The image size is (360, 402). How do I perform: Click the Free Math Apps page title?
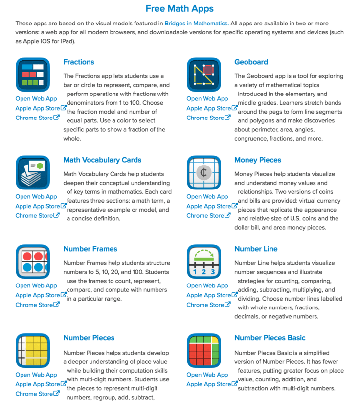pyautogui.click(x=180, y=9)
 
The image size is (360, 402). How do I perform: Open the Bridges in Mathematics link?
pyautogui.click(x=196, y=23)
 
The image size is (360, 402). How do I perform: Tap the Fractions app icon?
pyautogui.click(x=33, y=74)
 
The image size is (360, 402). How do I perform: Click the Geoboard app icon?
pyautogui.click(x=204, y=74)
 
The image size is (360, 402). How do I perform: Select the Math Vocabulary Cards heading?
pyautogui.click(x=102, y=160)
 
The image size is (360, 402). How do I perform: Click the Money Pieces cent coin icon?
pyautogui.click(x=204, y=172)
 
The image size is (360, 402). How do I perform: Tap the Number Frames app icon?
pyautogui.click(x=33, y=261)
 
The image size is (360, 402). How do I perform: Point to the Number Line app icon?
pyautogui.click(x=204, y=261)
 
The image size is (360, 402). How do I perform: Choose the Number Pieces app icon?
pyautogui.click(x=33, y=351)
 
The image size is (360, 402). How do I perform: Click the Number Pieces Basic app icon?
pyautogui.click(x=204, y=351)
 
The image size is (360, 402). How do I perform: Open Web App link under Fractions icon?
pyautogui.click(x=36, y=98)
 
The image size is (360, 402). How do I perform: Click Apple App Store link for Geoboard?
pyautogui.click(x=209, y=108)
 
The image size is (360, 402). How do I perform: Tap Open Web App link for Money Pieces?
pyautogui.click(x=207, y=196)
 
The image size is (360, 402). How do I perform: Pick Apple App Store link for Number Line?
pyautogui.click(x=209, y=295)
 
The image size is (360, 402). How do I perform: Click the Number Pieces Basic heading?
pyautogui.click(x=270, y=338)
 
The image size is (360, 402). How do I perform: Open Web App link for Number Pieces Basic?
pyautogui.click(x=207, y=375)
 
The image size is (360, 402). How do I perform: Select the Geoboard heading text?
pyautogui.click(x=251, y=62)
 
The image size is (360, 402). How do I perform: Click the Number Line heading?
pyautogui.click(x=256, y=249)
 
